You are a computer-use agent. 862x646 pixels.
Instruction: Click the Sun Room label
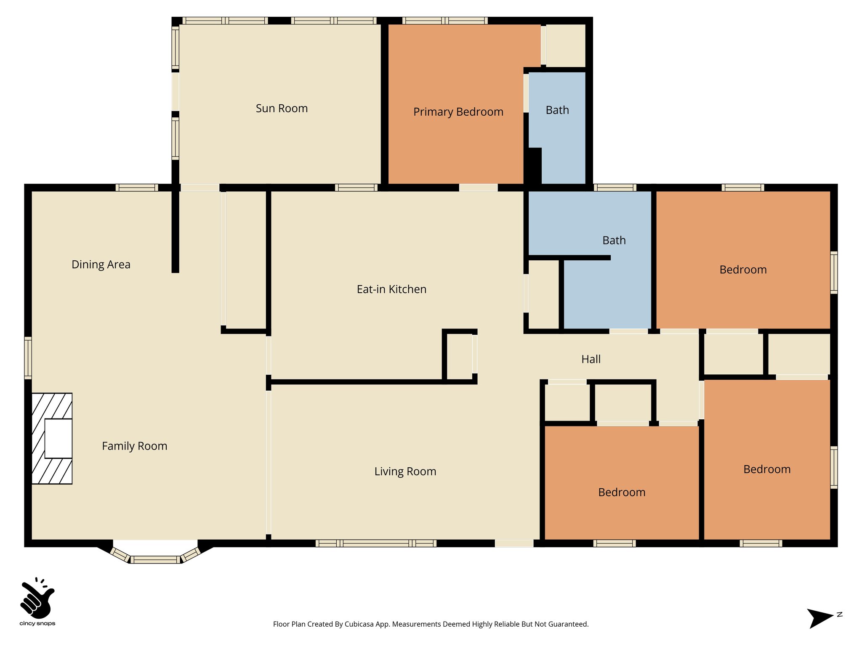pos(282,109)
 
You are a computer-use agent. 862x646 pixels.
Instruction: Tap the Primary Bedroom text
pos(458,112)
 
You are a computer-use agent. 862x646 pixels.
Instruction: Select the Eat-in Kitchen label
pos(391,289)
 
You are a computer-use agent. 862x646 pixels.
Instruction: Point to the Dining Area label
pos(101,265)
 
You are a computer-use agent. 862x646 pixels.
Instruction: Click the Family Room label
pos(135,446)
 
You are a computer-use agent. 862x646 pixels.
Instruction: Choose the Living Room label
pos(405,471)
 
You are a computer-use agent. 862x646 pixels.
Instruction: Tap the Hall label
pos(591,359)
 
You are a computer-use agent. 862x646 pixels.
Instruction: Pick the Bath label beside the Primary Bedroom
pos(557,110)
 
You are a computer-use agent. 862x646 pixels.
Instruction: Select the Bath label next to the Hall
pos(614,241)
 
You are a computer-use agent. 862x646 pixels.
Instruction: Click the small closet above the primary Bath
pos(565,45)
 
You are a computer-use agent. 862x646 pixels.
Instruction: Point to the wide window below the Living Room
pos(376,543)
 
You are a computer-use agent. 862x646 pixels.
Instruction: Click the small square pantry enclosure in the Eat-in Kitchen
pos(460,356)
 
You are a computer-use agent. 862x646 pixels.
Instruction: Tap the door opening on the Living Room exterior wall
pos(514,543)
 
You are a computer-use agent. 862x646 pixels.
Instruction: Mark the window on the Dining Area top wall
pos(137,188)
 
